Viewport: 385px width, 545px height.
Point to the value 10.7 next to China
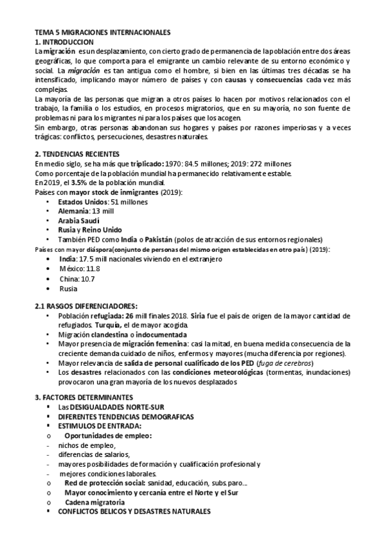[x=87, y=279]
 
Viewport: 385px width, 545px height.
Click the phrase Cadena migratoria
[x=94, y=502]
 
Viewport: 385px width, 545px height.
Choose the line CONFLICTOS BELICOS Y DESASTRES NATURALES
[x=134, y=512]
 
